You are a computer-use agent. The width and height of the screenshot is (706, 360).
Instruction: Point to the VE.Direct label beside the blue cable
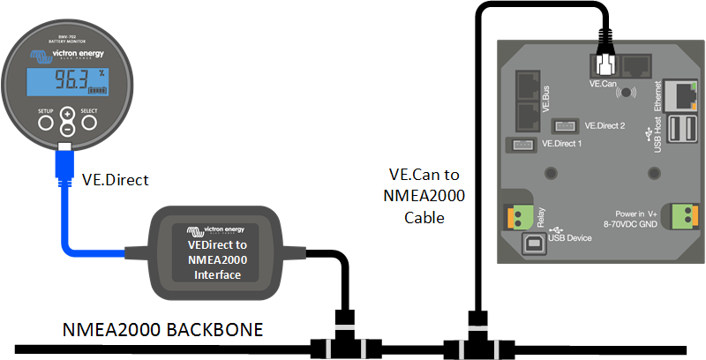coord(116,180)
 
